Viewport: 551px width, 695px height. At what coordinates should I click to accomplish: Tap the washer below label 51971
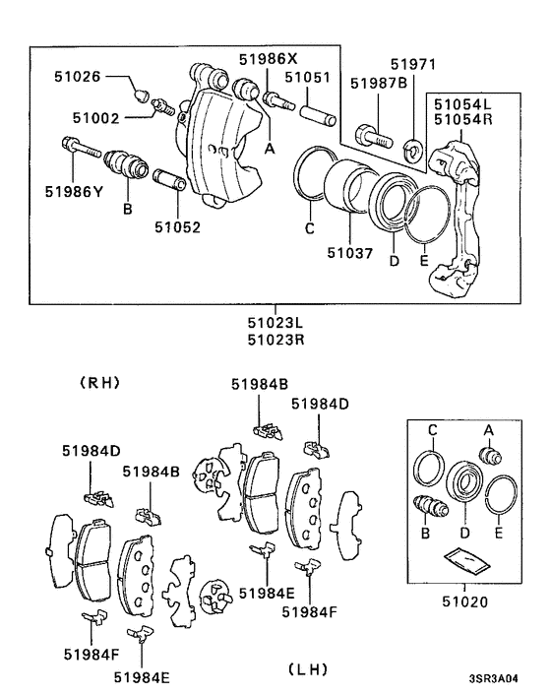(x=413, y=146)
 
